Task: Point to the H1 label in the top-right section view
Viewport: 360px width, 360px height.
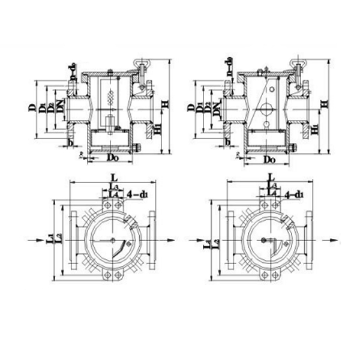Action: coord(313,128)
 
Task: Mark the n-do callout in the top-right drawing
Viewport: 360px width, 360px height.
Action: coord(229,67)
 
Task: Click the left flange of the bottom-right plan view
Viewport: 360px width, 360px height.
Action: coord(229,239)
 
